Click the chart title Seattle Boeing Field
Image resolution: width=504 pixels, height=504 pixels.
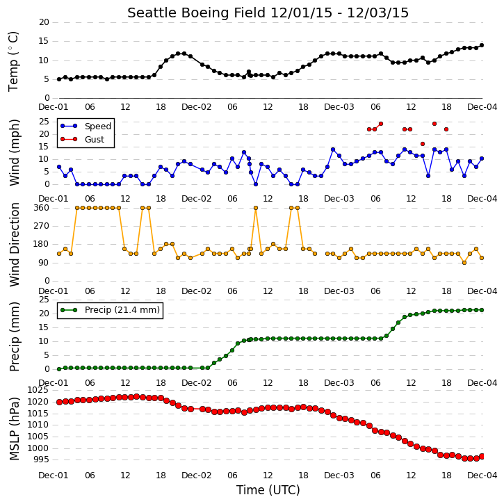click(x=196, y=13)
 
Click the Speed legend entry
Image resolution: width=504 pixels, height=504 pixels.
click(x=86, y=126)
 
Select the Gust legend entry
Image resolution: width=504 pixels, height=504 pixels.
click(x=83, y=139)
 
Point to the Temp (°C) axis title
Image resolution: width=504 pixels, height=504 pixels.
click(x=13, y=62)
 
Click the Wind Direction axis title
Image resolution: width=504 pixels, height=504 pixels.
click(x=15, y=245)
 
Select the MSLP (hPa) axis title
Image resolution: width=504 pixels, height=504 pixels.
click(x=15, y=428)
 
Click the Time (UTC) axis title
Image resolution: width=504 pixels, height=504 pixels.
click(x=268, y=490)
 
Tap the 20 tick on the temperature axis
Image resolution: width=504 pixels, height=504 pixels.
click(x=44, y=22)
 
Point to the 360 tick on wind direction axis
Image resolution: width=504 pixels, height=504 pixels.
click(x=42, y=208)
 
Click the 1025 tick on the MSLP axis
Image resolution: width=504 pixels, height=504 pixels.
click(x=38, y=390)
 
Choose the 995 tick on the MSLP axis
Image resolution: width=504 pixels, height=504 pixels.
click(x=41, y=460)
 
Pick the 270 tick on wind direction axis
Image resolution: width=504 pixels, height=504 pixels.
click(x=42, y=226)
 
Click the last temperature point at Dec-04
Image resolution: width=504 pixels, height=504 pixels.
click(x=482, y=45)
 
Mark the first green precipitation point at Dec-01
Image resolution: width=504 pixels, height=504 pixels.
click(x=59, y=369)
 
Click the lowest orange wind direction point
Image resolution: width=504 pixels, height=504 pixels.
click(x=464, y=263)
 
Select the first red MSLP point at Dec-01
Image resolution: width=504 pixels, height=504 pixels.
click(x=59, y=402)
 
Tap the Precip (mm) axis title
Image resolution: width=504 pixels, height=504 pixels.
click(x=15, y=337)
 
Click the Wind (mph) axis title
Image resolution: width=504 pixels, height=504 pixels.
click(x=15, y=153)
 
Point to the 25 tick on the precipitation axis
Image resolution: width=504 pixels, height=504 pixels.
click(x=44, y=300)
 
